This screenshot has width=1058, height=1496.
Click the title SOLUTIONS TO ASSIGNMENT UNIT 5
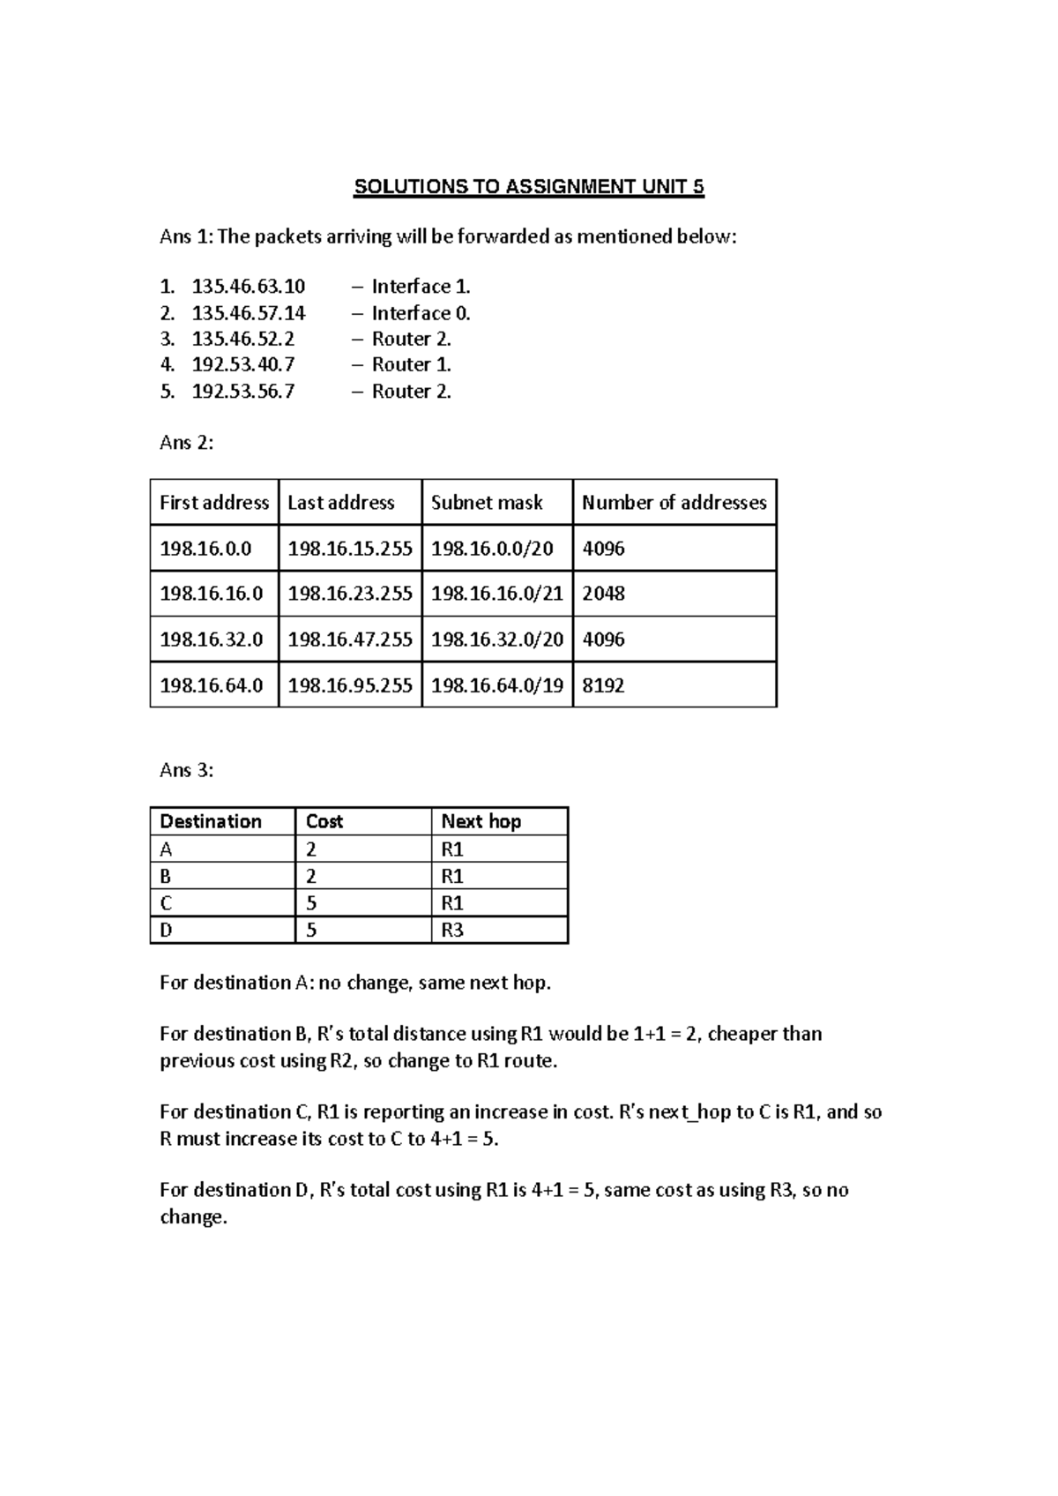(528, 187)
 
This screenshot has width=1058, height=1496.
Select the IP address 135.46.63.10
(248, 287)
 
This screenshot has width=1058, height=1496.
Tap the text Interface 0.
(421, 313)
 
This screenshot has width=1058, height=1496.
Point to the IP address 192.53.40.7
(242, 364)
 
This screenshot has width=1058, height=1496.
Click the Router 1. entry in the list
(411, 364)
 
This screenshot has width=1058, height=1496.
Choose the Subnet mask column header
(486, 503)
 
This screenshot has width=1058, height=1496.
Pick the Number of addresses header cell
(674, 503)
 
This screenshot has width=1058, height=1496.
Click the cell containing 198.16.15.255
(350, 549)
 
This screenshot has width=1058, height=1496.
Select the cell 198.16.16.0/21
(496, 594)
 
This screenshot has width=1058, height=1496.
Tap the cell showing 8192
(603, 685)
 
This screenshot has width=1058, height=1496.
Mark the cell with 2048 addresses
(603, 594)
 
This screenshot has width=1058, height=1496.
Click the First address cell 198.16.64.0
(212, 685)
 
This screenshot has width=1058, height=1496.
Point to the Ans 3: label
(186, 770)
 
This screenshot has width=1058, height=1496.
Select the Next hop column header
(481, 821)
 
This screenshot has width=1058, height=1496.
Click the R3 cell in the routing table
(452, 930)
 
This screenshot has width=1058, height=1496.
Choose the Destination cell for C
(167, 903)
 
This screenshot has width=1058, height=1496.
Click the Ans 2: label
(186, 443)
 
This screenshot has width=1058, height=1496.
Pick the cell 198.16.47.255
(350, 640)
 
